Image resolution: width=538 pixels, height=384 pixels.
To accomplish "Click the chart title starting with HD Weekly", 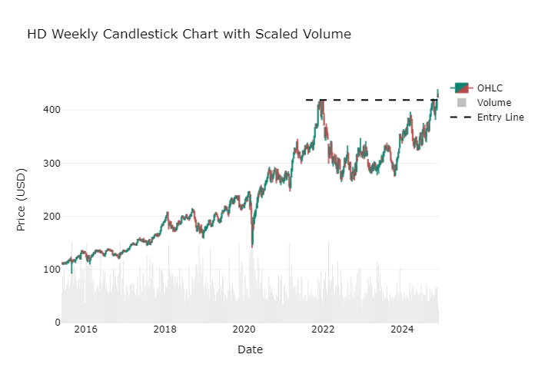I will (189, 35).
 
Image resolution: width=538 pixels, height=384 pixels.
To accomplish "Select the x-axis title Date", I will (250, 349).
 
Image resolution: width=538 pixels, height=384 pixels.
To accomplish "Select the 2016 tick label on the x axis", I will (85, 330).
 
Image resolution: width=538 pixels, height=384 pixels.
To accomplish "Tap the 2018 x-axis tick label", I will (164, 330).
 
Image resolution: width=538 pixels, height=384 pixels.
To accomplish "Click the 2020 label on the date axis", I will (244, 330).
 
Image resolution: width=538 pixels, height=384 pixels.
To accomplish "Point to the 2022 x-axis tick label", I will (323, 330).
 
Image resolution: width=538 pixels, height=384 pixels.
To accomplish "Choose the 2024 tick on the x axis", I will (402, 330).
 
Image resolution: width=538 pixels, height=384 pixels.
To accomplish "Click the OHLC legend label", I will (490, 88).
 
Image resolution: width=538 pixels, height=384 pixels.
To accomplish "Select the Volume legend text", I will (493, 102).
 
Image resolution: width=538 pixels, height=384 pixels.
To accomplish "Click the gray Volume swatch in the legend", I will (462, 102).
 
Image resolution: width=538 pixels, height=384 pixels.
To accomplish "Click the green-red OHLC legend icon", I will (462, 88).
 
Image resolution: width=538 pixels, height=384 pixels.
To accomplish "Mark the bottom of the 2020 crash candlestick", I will (252, 247).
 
